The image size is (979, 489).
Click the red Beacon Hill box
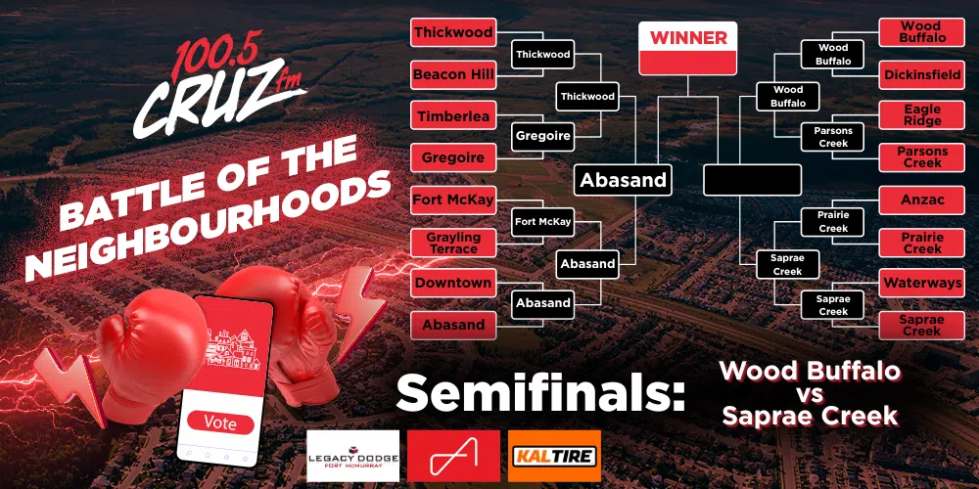pos(453,75)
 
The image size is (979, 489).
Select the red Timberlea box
pos(453,116)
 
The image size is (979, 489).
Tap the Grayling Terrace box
pos(453,243)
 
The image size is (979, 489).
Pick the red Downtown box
pos(453,284)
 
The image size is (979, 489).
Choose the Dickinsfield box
pos(921,75)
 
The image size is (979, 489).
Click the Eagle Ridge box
pos(921,116)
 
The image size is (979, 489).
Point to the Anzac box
pos(921,200)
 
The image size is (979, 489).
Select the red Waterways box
pos(921,284)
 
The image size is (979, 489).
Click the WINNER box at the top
pos(687,48)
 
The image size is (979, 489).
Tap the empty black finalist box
pos(752,180)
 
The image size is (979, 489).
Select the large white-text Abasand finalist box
pos(623,180)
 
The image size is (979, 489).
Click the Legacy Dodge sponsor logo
pos(352,456)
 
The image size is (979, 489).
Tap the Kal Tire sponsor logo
pos(554,456)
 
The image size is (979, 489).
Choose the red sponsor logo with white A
pos(453,456)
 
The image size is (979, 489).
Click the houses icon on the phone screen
pos(233,350)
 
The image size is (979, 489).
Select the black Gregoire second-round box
pos(542,136)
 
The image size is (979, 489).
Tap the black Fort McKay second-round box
pos(542,222)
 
